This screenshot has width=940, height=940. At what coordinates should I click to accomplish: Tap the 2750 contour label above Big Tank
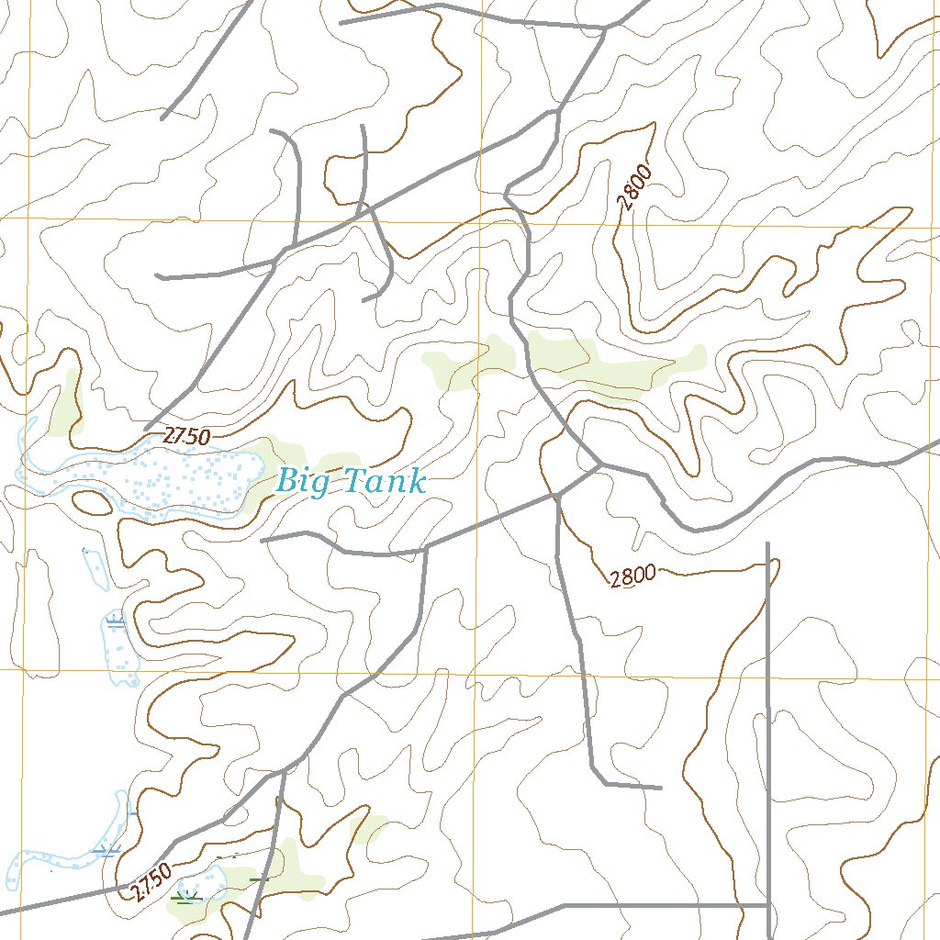click(x=186, y=437)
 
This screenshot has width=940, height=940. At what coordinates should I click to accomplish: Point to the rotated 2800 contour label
click(x=634, y=187)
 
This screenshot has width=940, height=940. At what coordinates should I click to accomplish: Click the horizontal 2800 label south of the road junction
click(x=632, y=576)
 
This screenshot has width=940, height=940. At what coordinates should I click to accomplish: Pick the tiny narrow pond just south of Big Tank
click(x=95, y=569)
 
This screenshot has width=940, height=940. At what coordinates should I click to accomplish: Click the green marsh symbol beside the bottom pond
click(x=188, y=897)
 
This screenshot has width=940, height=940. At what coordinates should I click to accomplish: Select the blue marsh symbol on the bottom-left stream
click(x=108, y=851)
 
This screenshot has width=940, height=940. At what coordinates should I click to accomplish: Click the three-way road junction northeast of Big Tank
click(x=600, y=464)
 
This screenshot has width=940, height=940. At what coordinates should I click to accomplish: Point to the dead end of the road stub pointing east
click(x=660, y=788)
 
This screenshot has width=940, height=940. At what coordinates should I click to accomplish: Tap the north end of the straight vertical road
click(x=767, y=543)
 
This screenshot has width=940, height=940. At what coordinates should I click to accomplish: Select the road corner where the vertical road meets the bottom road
click(x=767, y=905)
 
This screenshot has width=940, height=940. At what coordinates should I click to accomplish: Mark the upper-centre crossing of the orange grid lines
click(x=479, y=223)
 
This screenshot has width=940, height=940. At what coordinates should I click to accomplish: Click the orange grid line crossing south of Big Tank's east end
click(x=475, y=671)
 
